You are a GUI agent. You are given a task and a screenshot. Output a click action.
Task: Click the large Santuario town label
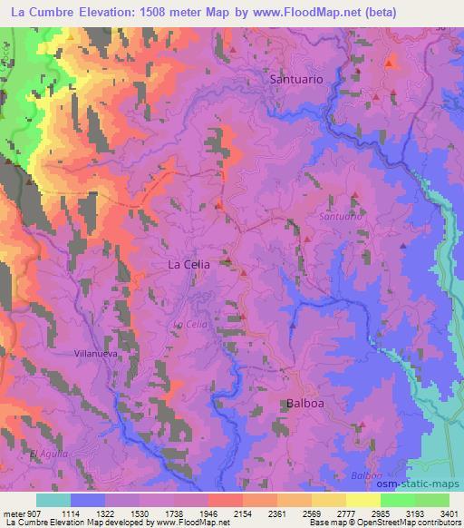296,80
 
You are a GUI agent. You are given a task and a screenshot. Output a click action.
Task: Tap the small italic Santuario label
341,217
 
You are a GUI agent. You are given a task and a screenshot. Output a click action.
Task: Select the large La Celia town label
189,264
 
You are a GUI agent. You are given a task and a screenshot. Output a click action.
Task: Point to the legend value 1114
86,513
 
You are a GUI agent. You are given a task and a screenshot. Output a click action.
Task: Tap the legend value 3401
448,513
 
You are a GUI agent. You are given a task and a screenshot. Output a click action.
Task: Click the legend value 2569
328,513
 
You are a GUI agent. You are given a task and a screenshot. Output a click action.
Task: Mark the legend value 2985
396,513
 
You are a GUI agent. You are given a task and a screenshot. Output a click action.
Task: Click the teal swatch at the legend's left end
53,500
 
